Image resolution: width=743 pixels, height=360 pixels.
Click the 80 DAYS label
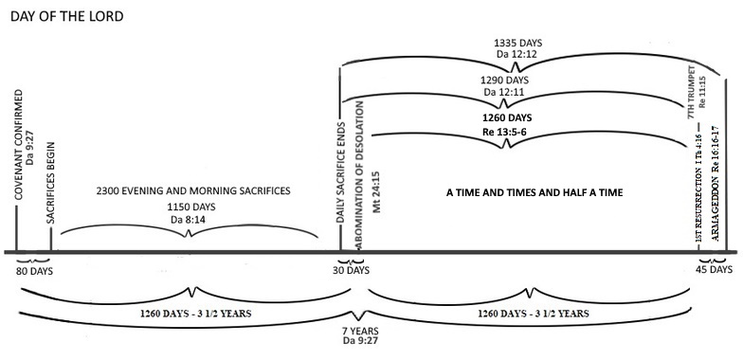(35, 271)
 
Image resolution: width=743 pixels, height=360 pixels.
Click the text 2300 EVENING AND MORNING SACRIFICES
(193, 190)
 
